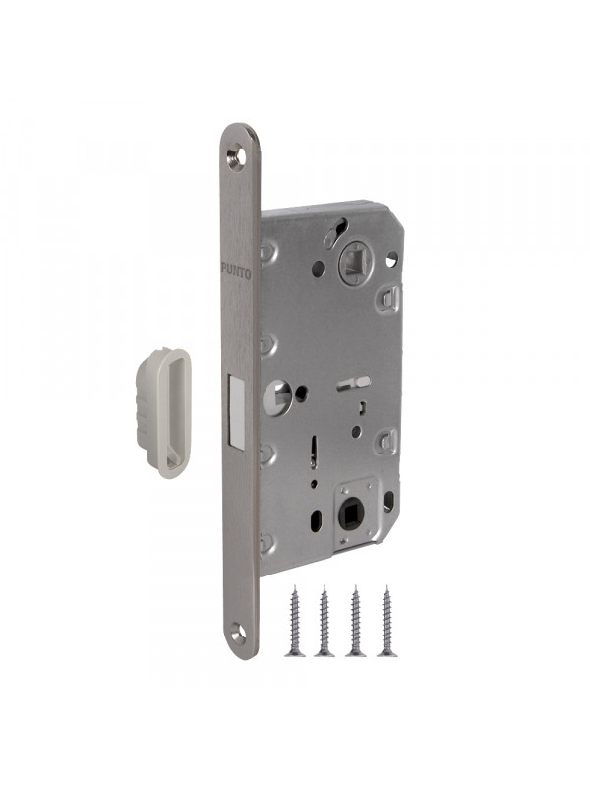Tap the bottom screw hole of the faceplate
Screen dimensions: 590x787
pos(239,633)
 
